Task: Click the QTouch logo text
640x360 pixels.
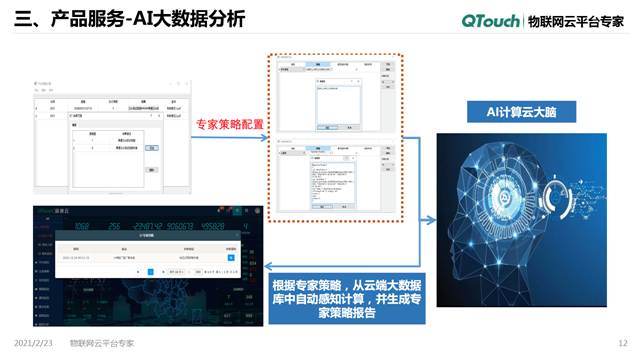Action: tap(491, 20)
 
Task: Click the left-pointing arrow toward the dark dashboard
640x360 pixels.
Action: tap(273, 264)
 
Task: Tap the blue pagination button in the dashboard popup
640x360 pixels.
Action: tap(150, 271)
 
